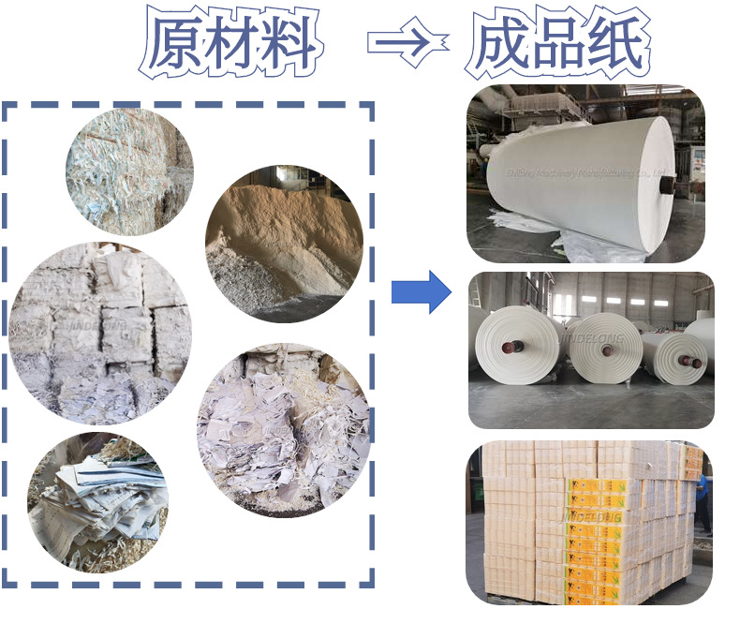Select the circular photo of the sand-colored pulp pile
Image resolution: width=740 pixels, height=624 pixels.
[283, 244]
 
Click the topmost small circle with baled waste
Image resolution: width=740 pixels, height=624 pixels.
[129, 171]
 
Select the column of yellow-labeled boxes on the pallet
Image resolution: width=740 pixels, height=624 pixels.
[595, 534]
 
